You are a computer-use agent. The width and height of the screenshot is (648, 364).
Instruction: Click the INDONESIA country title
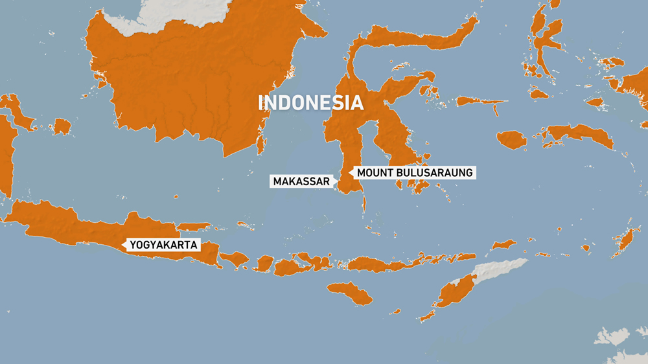pyautogui.click(x=310, y=103)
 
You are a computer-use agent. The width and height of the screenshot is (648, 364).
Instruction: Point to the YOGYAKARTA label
pyautogui.click(x=163, y=245)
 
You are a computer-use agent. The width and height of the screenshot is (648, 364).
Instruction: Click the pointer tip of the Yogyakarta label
pyautogui.click(x=123, y=245)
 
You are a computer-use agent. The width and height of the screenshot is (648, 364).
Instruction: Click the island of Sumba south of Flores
pyautogui.click(x=350, y=293)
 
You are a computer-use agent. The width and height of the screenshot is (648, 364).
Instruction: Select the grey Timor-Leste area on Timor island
pyautogui.click(x=499, y=269)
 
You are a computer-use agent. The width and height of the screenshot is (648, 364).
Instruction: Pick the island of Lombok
pyautogui.click(x=264, y=263)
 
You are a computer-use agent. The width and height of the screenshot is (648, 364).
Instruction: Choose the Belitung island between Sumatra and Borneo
pyautogui.click(x=62, y=126)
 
